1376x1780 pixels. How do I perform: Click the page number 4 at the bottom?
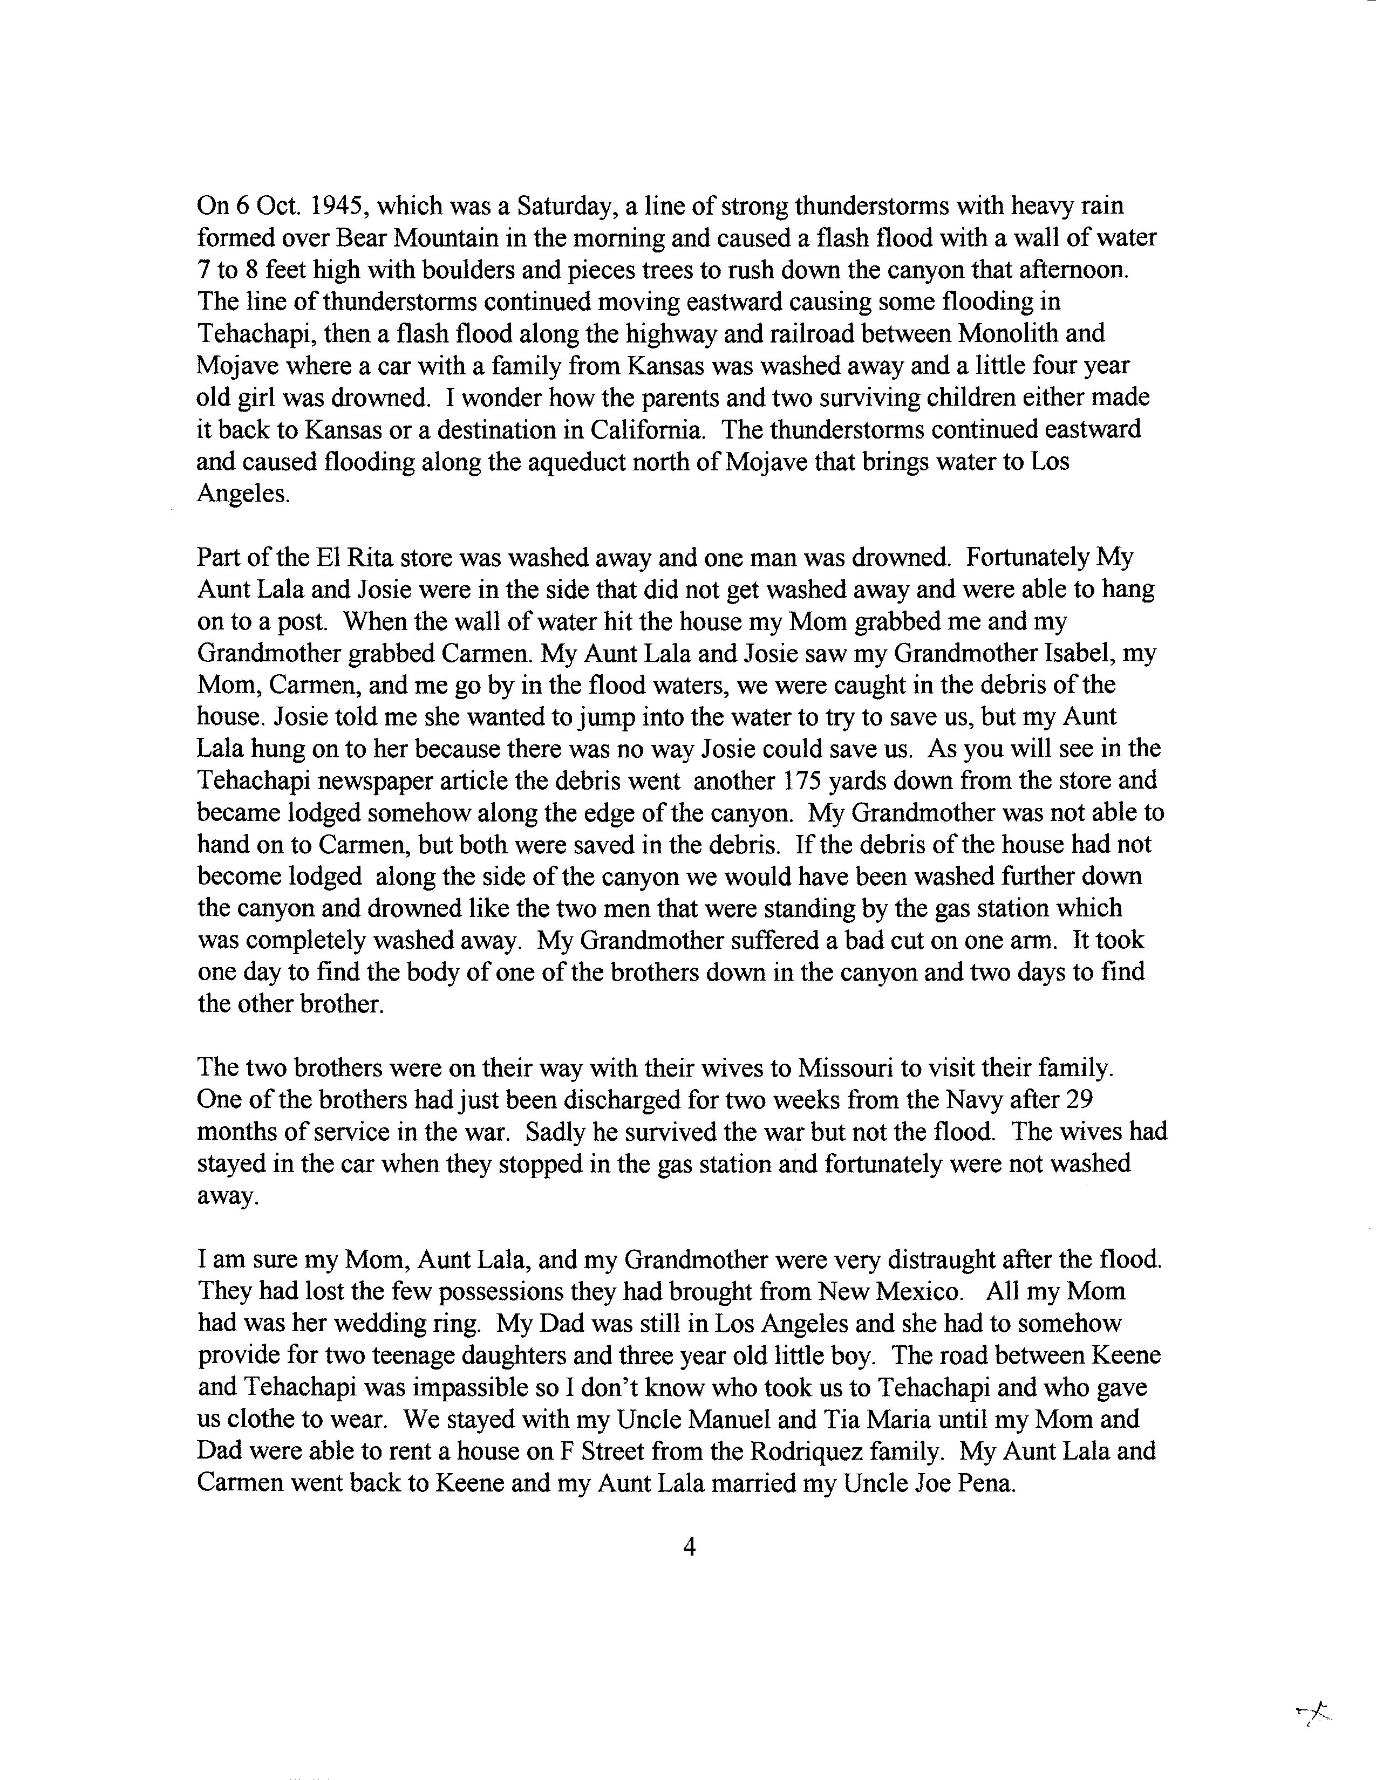689,1547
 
